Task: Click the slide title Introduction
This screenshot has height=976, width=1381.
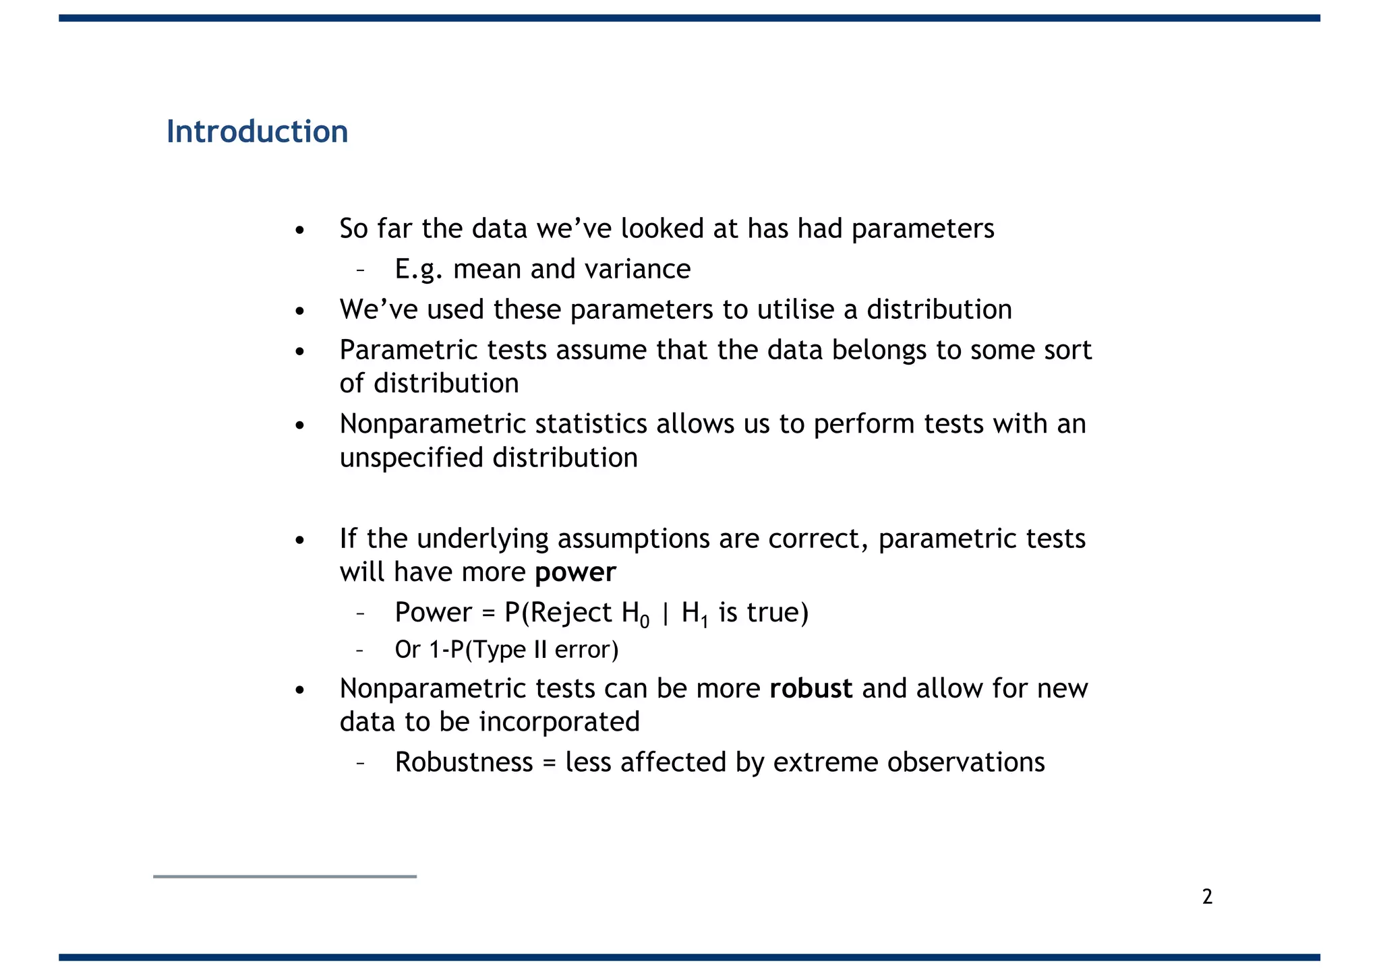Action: [x=257, y=131]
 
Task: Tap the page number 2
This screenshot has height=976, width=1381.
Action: [x=1207, y=896]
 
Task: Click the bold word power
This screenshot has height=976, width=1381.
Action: [x=575, y=572]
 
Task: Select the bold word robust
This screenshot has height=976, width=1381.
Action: [x=811, y=688]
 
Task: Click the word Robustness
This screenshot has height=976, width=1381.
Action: [x=464, y=762]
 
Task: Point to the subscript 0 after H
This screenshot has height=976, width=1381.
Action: [x=645, y=621]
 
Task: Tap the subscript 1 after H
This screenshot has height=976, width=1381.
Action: [x=705, y=621]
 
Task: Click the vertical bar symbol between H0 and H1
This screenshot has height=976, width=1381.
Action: [x=666, y=613]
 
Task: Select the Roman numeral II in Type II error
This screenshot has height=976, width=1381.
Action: [x=540, y=650]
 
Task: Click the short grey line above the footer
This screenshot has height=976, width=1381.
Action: [x=285, y=876]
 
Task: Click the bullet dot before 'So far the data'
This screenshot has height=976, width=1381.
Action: [x=300, y=231]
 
